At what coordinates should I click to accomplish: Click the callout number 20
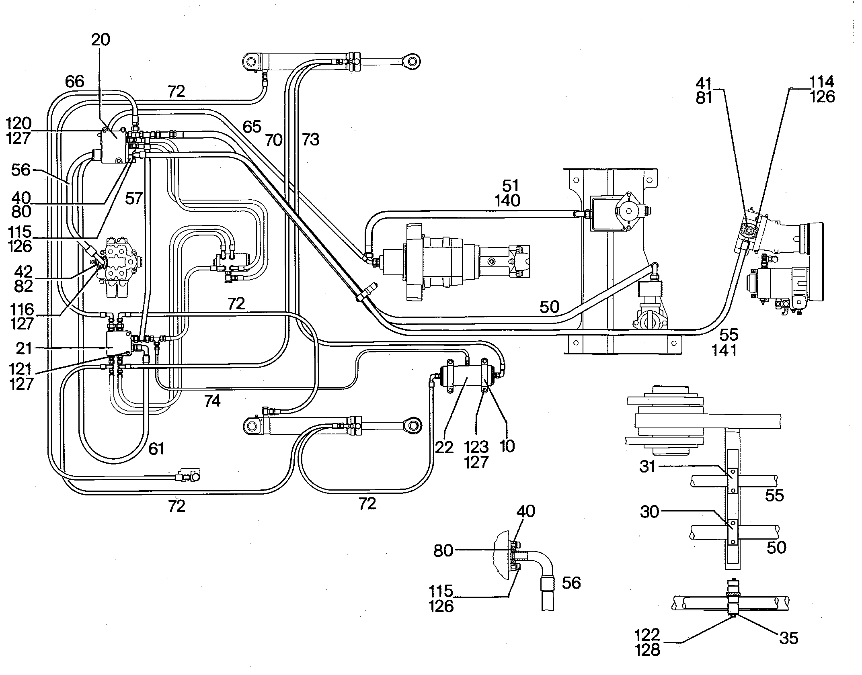pyautogui.click(x=101, y=40)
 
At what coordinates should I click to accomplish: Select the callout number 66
pyautogui.click(x=75, y=82)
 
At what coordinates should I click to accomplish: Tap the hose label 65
pyautogui.click(x=252, y=127)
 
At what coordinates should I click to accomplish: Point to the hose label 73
pyautogui.click(x=310, y=139)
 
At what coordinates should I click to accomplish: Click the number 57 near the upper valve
pyautogui.click(x=134, y=198)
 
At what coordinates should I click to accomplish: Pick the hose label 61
pyautogui.click(x=156, y=448)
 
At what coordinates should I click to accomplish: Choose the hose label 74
pyautogui.click(x=212, y=401)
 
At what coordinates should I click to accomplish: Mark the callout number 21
pyautogui.click(x=24, y=348)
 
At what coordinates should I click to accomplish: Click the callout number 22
pyautogui.click(x=444, y=447)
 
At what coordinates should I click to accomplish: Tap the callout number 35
pyautogui.click(x=788, y=638)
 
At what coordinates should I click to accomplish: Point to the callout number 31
pyautogui.click(x=648, y=467)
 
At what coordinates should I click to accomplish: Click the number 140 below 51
pyautogui.click(x=508, y=200)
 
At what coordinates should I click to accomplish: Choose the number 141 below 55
pyautogui.click(x=724, y=350)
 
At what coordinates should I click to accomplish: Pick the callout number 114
pyautogui.click(x=822, y=82)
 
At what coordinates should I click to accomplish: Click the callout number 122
pyautogui.click(x=648, y=635)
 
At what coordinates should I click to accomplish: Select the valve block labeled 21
pyautogui.click(x=119, y=344)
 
